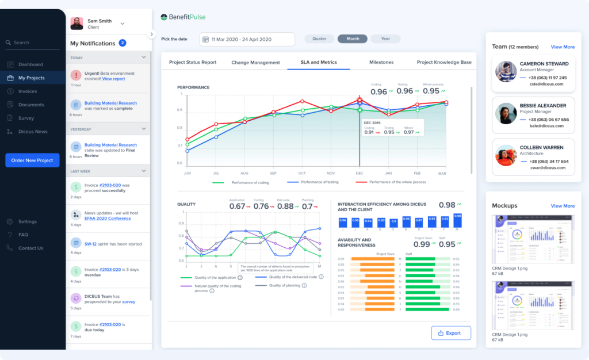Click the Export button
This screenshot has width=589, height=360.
click(451, 333)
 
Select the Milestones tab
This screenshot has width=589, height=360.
click(381, 62)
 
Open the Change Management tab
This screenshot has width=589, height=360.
click(255, 62)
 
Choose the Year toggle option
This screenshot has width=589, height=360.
click(385, 39)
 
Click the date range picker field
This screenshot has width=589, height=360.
click(247, 39)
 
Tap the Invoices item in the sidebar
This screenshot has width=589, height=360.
click(27, 91)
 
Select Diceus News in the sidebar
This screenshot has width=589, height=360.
click(32, 132)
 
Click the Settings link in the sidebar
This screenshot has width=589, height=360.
click(27, 221)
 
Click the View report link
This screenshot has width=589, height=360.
click(113, 79)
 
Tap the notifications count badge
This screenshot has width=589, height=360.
click(123, 43)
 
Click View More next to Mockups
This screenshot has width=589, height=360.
click(563, 206)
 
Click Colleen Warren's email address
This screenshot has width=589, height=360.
click(553, 168)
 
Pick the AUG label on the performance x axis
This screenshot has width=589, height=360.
click(244, 173)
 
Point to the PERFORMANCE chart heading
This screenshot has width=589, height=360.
click(193, 87)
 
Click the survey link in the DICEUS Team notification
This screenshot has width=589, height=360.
click(128, 301)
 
